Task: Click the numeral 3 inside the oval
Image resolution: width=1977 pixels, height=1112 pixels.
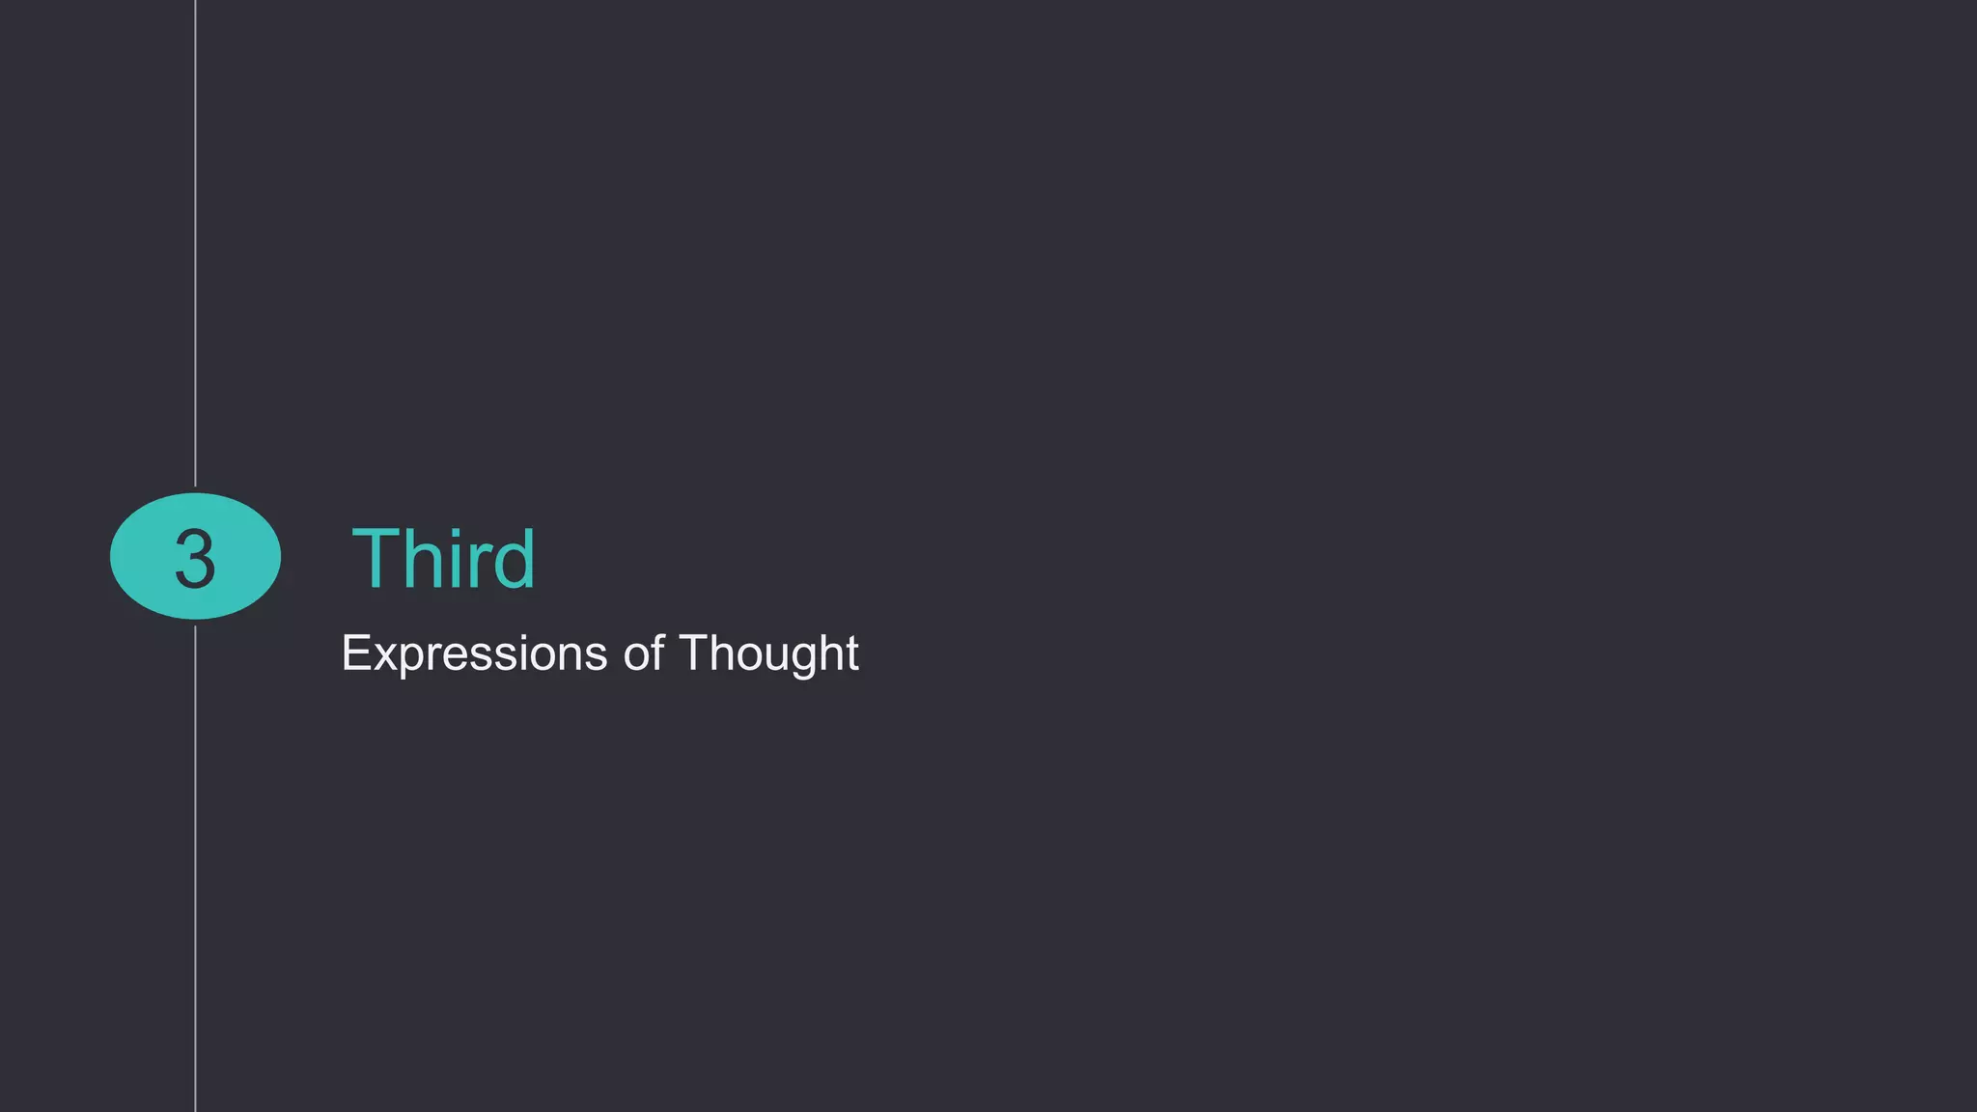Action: click(x=195, y=559)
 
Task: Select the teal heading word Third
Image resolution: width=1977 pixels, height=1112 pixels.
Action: click(x=443, y=559)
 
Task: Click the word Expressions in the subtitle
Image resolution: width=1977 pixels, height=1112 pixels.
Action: click(x=473, y=653)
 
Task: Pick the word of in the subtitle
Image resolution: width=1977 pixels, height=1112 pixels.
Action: click(x=644, y=653)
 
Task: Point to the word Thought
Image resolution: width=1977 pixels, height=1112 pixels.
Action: click(x=768, y=653)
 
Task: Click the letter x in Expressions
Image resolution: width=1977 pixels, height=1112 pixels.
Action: click(x=382, y=657)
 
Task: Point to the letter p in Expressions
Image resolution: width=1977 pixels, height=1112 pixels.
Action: click(x=407, y=659)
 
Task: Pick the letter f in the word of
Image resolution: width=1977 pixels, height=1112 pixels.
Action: click(x=657, y=652)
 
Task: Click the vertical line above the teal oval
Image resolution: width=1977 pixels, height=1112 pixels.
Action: click(x=196, y=241)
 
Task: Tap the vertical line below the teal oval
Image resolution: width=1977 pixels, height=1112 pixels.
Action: click(x=196, y=869)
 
